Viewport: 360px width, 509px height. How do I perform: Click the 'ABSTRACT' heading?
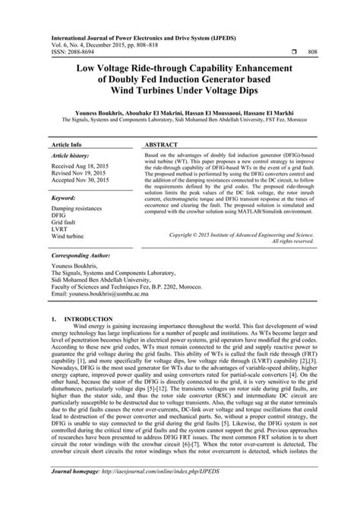click(163, 143)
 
